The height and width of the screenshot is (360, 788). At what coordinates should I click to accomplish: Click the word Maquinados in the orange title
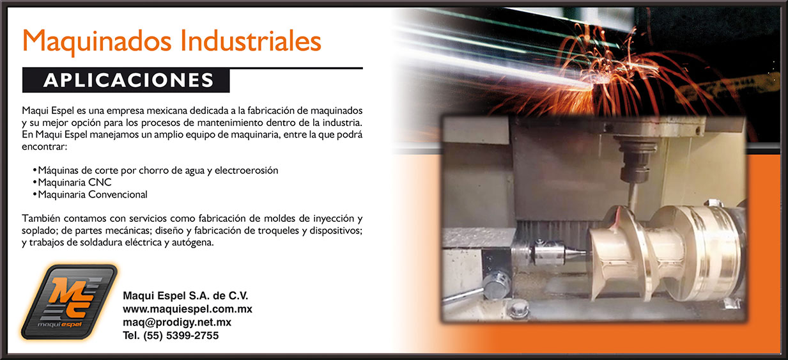[x=97, y=42]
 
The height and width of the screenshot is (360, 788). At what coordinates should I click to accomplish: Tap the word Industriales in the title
[x=251, y=40]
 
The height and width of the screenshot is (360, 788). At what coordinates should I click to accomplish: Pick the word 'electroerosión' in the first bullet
[x=246, y=170]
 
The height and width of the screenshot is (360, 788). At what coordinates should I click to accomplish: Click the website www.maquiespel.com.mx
[x=187, y=309]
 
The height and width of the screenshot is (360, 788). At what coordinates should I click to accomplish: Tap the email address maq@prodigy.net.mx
[x=177, y=322]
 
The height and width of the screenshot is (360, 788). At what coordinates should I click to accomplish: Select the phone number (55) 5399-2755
[x=181, y=335]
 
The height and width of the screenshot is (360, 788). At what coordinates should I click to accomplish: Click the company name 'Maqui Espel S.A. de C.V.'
[x=185, y=295]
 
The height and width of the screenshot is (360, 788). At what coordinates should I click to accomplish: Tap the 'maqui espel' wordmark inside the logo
[x=59, y=324]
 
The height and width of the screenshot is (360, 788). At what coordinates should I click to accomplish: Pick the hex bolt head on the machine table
[x=518, y=310]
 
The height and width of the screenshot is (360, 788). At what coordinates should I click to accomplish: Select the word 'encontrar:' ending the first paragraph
[x=44, y=146]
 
